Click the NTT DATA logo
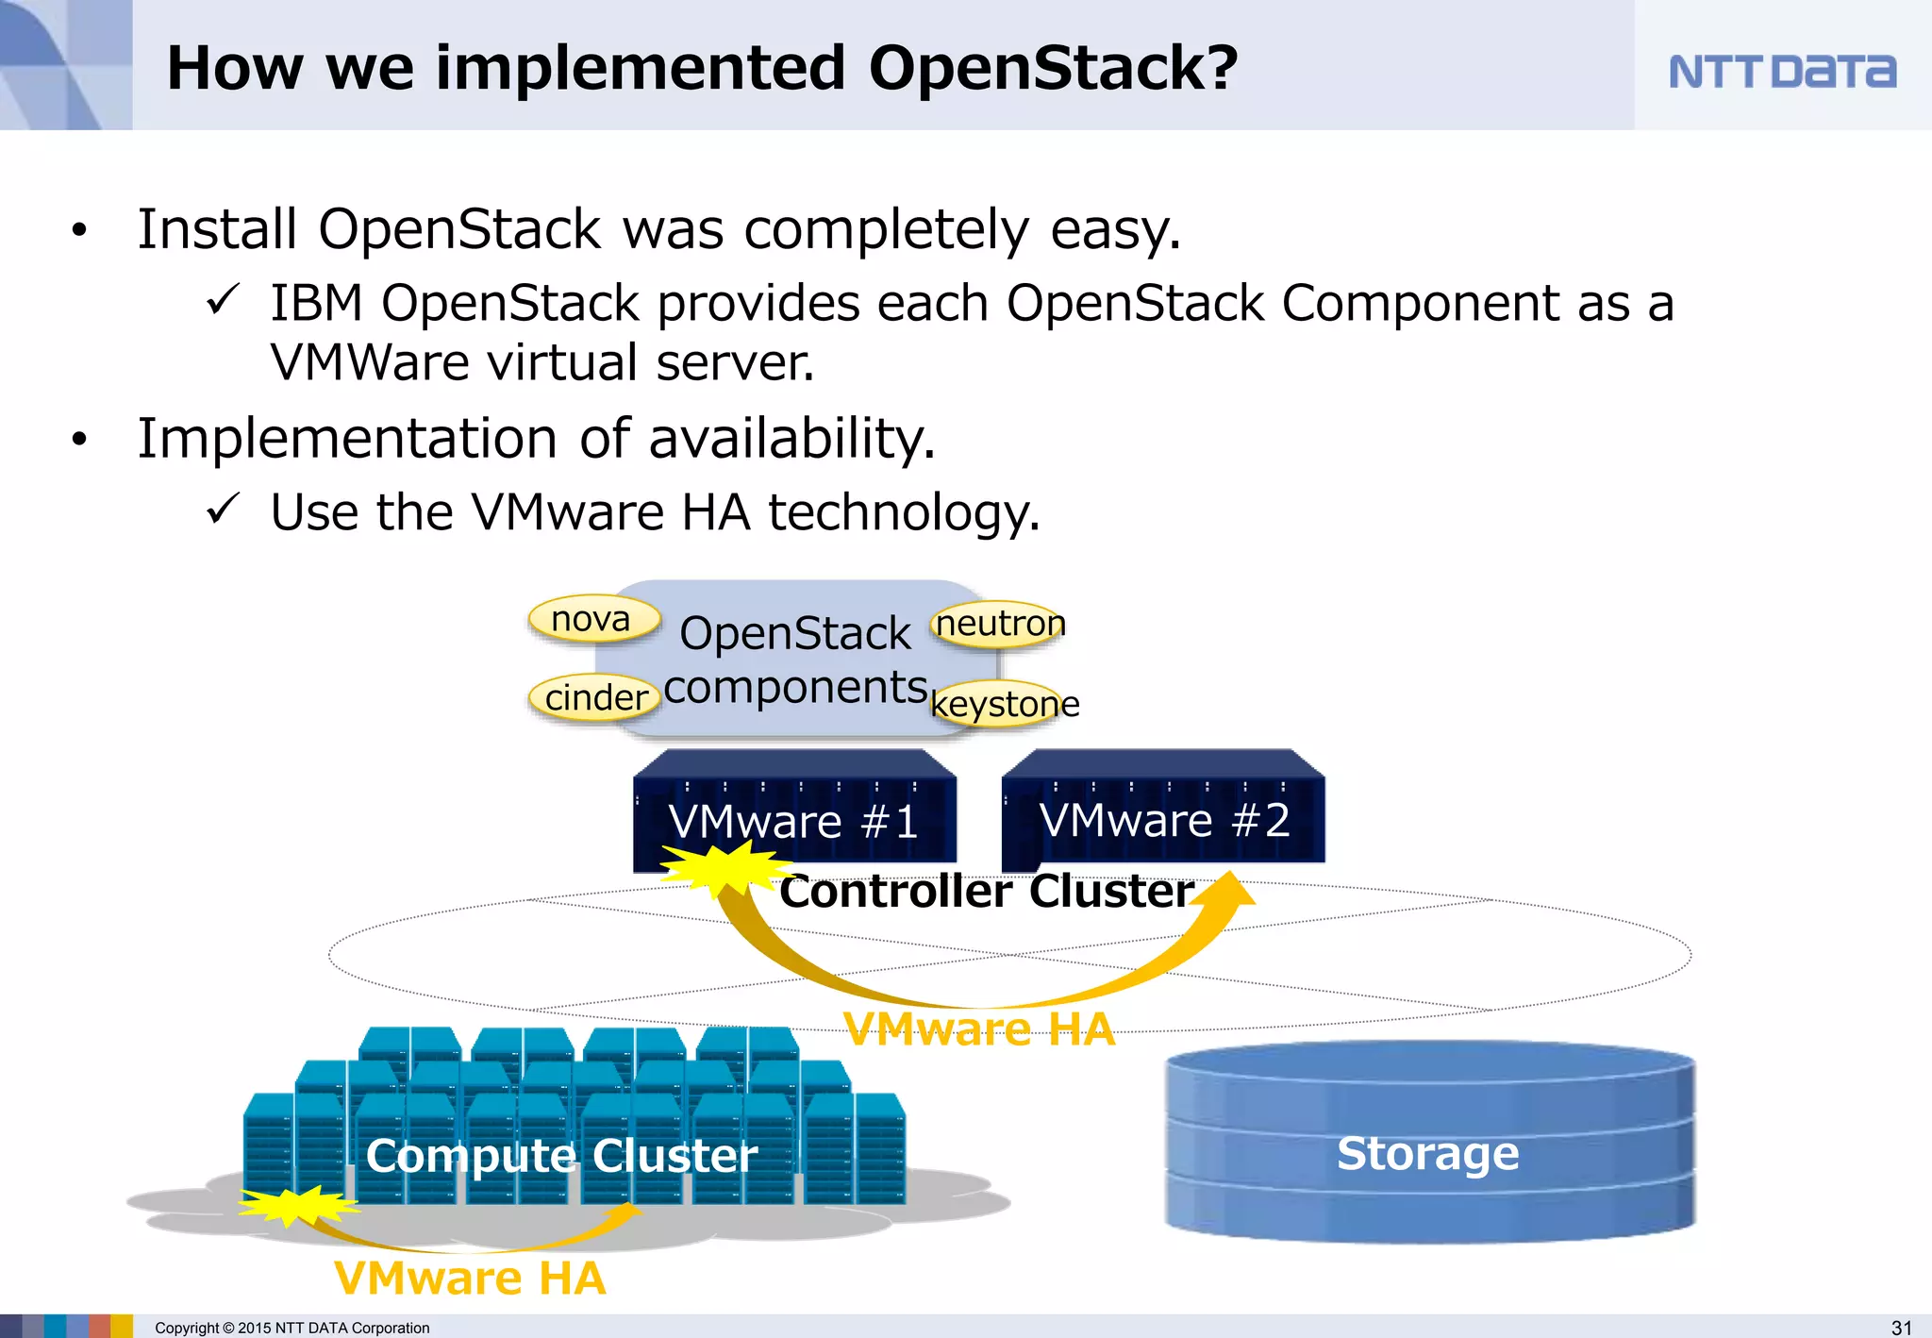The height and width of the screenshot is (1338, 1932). (x=1781, y=72)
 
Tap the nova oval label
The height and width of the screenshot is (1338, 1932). (x=592, y=619)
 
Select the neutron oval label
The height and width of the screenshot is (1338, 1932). (x=999, y=624)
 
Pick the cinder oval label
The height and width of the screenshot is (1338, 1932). (x=595, y=698)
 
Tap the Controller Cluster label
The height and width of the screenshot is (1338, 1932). (x=986, y=891)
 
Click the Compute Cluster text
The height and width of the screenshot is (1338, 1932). (x=561, y=1155)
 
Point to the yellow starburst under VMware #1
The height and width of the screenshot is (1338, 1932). (x=722, y=865)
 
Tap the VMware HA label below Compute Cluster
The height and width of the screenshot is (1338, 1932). (x=470, y=1278)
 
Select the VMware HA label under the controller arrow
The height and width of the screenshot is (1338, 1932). (x=978, y=1028)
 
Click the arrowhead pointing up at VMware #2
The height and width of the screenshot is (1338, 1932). (x=1227, y=889)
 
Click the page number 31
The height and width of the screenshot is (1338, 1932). (x=1902, y=1327)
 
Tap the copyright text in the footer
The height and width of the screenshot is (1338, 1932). (x=291, y=1328)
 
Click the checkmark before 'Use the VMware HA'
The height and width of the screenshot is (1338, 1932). (x=224, y=510)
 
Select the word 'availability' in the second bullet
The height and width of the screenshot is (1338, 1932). (x=791, y=439)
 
